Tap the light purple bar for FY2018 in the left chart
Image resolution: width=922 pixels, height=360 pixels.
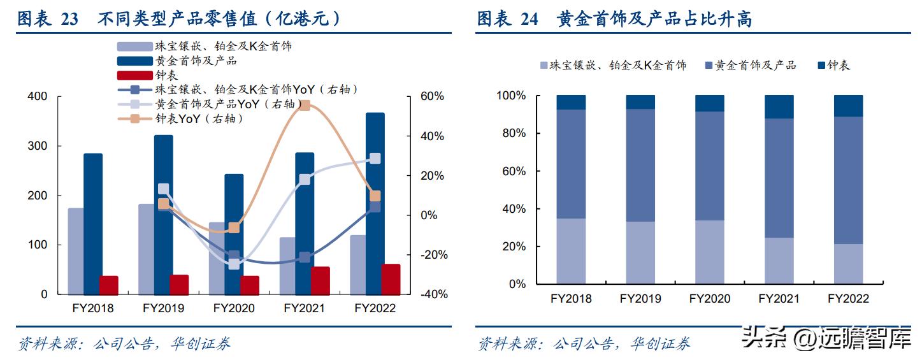click(x=76, y=251)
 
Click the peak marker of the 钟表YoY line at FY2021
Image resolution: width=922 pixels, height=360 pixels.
click(x=304, y=105)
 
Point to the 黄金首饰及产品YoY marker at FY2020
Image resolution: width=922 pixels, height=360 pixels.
click(x=234, y=264)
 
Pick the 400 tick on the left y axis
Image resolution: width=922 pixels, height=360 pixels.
click(x=37, y=96)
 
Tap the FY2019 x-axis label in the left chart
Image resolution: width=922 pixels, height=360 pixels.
click(x=163, y=308)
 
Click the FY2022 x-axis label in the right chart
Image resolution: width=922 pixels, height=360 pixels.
click(x=848, y=298)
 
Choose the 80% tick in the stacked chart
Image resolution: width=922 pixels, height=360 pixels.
click(x=511, y=133)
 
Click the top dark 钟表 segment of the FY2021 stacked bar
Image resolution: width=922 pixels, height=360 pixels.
click(x=779, y=107)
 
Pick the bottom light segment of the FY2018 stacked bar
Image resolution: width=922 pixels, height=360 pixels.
click(x=571, y=251)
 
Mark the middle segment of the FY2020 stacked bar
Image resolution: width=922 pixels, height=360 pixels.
click(x=709, y=166)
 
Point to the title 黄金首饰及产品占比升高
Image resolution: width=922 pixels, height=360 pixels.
click(x=654, y=19)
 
